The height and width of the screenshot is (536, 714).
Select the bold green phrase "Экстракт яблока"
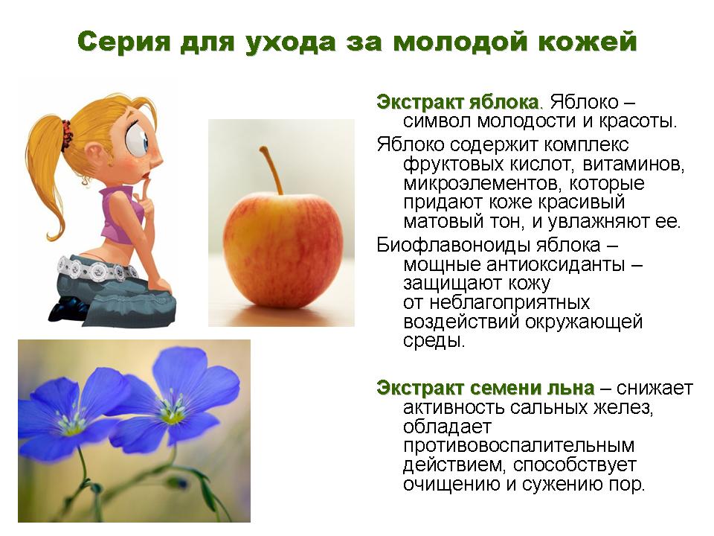tap(457, 102)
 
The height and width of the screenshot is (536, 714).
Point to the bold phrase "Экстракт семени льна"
tap(486, 388)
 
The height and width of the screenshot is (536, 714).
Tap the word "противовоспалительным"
tap(518, 445)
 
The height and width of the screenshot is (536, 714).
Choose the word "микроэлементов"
tap(479, 183)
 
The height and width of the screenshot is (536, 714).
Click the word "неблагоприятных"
tap(509, 303)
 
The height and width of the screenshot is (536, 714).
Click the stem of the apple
tap(271, 170)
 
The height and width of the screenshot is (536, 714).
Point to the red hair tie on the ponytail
tap(66, 135)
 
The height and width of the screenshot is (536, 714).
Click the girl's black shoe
tap(69, 310)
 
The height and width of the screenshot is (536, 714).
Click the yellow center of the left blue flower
tap(70, 427)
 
